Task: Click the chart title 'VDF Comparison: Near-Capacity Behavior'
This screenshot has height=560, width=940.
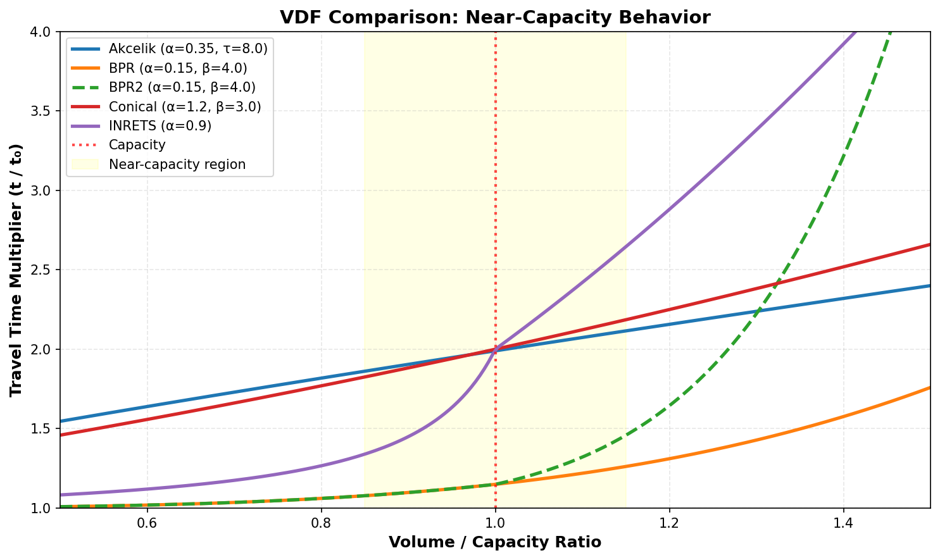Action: [x=495, y=17]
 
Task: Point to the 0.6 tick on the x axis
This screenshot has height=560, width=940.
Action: [x=147, y=524]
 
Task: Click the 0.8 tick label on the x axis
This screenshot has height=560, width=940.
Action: [x=321, y=524]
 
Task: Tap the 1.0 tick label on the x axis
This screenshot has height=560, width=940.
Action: [x=495, y=524]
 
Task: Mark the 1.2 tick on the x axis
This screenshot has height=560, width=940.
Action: [x=669, y=524]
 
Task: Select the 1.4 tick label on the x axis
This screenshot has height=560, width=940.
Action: [x=843, y=524]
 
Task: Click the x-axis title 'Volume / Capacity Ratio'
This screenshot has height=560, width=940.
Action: [x=495, y=542]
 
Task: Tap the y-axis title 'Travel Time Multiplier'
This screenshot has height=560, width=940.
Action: [x=17, y=270]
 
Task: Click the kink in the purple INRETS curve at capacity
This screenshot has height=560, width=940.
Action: [x=496, y=348]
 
